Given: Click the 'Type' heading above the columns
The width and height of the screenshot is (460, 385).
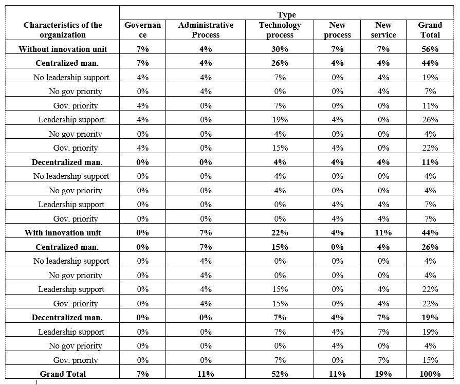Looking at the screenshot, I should point(286,15).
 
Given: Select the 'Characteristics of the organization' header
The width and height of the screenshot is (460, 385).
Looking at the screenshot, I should point(63,30).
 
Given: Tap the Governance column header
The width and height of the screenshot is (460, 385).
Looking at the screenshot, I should point(143,30).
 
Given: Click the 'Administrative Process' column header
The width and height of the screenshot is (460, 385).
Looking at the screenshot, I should point(206,30).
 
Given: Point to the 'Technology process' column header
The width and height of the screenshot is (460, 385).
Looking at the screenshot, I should point(280,30).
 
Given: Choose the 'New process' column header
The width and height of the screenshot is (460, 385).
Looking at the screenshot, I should point(338,30).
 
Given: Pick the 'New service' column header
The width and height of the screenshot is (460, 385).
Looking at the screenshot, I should point(383,30).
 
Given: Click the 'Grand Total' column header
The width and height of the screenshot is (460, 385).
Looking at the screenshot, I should point(430,30).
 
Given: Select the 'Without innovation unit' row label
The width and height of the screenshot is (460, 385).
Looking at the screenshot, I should point(63,49).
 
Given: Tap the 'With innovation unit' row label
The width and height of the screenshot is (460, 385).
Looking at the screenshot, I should point(63,232).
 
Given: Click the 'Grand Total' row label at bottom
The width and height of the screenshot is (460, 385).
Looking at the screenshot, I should point(63,374).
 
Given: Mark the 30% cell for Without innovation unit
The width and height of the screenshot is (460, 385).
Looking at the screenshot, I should point(280,49).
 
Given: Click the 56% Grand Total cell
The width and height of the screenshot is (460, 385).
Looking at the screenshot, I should point(430,49).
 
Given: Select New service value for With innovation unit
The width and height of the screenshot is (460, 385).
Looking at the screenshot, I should point(383,232).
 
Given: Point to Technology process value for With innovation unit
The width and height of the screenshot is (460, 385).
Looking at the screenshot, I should point(280,232).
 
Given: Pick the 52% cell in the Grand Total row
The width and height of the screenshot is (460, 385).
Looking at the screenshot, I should point(280,374).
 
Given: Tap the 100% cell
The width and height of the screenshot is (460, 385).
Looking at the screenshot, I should point(430,374).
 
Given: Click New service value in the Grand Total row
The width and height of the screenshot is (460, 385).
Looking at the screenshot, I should point(383,374).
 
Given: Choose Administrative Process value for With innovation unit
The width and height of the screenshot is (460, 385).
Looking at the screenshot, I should point(206,232).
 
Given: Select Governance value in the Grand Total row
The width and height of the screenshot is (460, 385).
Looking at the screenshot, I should point(143,374).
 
